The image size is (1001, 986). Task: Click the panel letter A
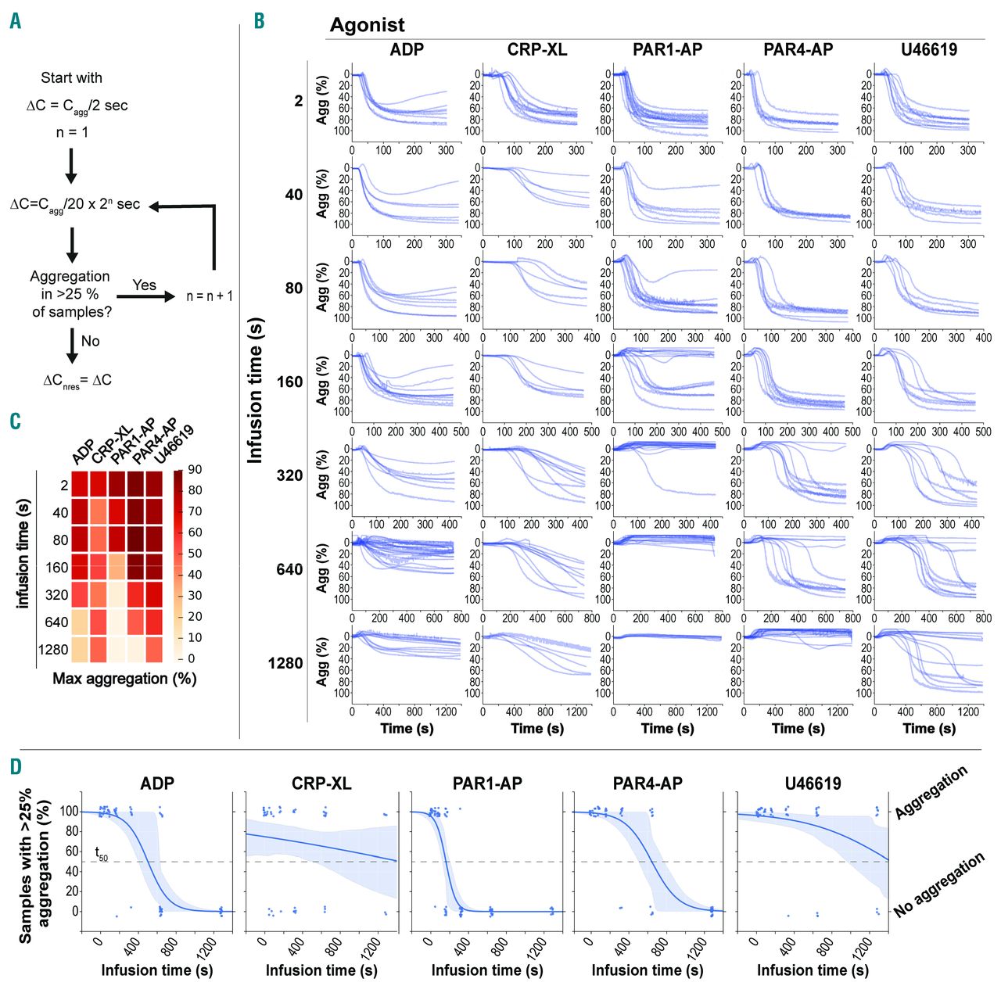(x=15, y=21)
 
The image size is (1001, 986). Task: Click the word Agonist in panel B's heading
(x=367, y=25)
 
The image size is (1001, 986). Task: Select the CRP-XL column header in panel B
(x=537, y=50)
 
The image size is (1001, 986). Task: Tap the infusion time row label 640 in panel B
(x=289, y=569)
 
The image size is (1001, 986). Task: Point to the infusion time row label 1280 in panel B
(x=285, y=663)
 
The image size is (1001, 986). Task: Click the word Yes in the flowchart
(x=144, y=285)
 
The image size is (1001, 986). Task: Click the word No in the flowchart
(x=91, y=341)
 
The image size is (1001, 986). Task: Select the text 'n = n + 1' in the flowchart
(x=210, y=296)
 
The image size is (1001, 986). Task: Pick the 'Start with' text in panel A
(x=71, y=78)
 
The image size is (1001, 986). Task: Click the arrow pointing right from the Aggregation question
(x=145, y=297)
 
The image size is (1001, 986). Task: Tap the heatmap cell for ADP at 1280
(x=80, y=650)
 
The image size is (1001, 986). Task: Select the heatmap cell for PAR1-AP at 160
(x=117, y=568)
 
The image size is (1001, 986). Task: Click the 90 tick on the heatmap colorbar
(x=195, y=469)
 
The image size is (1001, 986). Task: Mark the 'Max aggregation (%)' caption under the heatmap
(x=124, y=679)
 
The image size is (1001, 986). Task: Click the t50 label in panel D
(x=102, y=854)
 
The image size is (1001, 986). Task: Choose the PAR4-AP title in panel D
(x=648, y=783)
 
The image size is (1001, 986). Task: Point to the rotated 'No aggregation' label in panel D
(x=938, y=885)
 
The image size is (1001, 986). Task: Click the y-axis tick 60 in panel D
(x=72, y=852)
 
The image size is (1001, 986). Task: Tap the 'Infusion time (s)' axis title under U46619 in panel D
(x=813, y=970)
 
